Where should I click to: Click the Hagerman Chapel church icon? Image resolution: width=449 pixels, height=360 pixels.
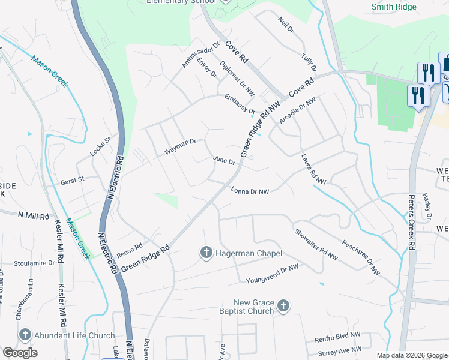206,253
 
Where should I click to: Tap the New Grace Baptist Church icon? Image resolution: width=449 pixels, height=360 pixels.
283,307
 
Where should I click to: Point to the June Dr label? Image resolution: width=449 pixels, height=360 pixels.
224,161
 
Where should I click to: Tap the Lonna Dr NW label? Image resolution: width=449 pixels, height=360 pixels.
249,191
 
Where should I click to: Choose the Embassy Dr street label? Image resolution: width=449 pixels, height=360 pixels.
240,104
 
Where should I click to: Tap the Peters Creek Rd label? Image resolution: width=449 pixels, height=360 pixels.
412,222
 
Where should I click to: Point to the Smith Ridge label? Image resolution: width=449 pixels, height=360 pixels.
394,8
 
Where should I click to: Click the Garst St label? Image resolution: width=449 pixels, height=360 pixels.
72,179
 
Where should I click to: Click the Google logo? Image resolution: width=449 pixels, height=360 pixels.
20,353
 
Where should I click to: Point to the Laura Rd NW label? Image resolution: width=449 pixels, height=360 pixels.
313,170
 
